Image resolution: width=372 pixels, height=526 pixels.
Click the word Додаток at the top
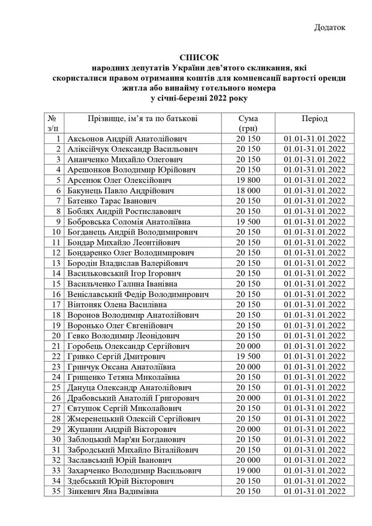pyautogui.click(x=330, y=27)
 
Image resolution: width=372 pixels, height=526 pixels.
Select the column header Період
pyautogui.click(x=315, y=118)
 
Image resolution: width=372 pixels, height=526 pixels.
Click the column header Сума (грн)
pyautogui.click(x=248, y=123)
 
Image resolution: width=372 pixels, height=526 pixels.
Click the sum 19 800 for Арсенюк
pyautogui.click(x=248, y=180)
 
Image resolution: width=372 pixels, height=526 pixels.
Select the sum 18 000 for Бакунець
pyautogui.click(x=248, y=191)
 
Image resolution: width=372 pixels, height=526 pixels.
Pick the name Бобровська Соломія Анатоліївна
pyautogui.click(x=129, y=222)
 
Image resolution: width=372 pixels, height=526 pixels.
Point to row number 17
pyautogui.click(x=56, y=304)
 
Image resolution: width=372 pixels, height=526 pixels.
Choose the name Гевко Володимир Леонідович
pyautogui.click(x=123, y=335)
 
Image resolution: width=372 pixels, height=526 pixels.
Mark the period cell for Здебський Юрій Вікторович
pyautogui.click(x=315, y=481)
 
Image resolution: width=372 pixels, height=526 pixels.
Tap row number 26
pyautogui.click(x=56, y=398)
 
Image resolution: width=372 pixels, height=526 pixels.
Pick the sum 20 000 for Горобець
pyautogui.click(x=248, y=346)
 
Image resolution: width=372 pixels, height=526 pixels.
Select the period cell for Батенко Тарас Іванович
pyautogui.click(x=315, y=201)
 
